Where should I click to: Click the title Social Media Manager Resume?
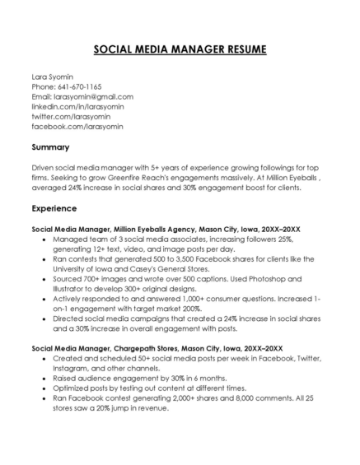pyautogui.click(x=180, y=49)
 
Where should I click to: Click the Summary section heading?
pyautogui.click(x=50, y=147)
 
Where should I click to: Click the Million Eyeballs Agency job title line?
pyautogui.click(x=166, y=229)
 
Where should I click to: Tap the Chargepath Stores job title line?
pyautogui.click(x=157, y=348)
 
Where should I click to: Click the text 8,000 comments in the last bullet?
pyautogui.click(x=256, y=398)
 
